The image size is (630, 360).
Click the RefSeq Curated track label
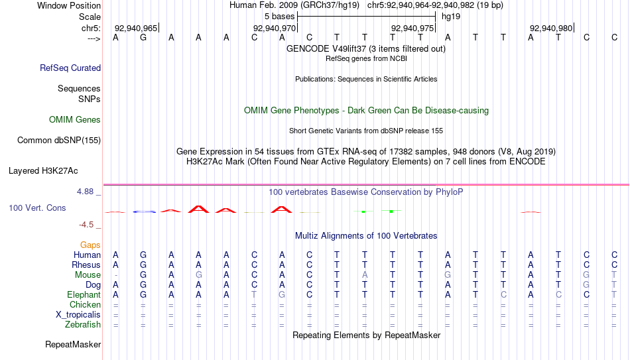coord(70,68)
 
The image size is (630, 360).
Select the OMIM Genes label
coord(75,120)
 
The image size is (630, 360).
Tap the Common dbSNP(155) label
coord(59,141)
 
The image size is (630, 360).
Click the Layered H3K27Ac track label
coord(43,171)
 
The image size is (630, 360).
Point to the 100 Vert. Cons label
coord(37,208)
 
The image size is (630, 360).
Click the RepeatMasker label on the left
coord(73,344)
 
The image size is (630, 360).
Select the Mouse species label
coord(88,275)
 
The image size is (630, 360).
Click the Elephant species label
coord(84,294)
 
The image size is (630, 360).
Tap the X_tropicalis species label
coord(78,315)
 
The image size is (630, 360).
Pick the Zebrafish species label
coord(83,325)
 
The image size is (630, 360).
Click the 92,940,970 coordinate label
coord(275,28)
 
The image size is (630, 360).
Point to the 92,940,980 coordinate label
coord(551,28)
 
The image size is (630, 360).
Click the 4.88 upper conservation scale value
coord(85,192)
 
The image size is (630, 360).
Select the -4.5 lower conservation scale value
coord(86,225)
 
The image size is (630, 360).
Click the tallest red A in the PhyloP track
coord(198,209)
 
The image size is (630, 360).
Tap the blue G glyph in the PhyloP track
coord(144,211)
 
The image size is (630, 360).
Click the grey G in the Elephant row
coord(282,294)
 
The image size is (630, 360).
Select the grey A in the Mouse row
coord(365,275)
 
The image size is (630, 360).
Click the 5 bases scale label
coord(280,17)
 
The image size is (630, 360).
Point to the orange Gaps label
coord(90,245)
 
